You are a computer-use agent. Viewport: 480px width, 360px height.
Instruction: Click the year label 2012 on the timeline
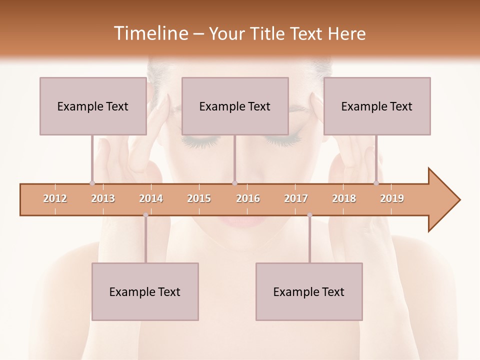point(55,198)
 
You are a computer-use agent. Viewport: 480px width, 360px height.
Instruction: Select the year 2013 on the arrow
point(103,198)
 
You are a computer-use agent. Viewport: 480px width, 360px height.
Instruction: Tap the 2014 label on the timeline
point(151,198)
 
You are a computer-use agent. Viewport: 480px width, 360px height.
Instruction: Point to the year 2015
point(199,198)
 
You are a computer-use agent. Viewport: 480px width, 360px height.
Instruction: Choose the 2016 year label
point(248,198)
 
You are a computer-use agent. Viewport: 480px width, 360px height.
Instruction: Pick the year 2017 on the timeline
point(296,198)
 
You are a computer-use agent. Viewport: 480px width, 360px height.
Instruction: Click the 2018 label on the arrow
point(344,198)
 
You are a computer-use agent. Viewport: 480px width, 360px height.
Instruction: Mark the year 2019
point(392,198)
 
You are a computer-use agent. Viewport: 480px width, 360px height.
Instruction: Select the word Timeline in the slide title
point(149,33)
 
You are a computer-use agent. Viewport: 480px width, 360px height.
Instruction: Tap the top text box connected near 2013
point(93,106)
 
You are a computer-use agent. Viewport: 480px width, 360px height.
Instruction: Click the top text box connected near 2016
point(235,106)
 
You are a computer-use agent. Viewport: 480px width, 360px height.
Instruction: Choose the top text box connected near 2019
point(377,106)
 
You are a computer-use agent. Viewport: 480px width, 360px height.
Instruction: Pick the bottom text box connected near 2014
point(145,291)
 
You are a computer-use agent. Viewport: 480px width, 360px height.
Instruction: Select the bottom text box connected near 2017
point(309,291)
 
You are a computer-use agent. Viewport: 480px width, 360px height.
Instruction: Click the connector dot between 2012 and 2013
point(92,183)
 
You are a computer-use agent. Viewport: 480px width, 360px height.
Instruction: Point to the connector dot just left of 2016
point(234,183)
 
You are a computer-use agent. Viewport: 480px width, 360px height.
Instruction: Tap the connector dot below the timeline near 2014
point(145,215)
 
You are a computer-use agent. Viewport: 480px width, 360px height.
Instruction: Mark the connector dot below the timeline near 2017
point(309,215)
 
